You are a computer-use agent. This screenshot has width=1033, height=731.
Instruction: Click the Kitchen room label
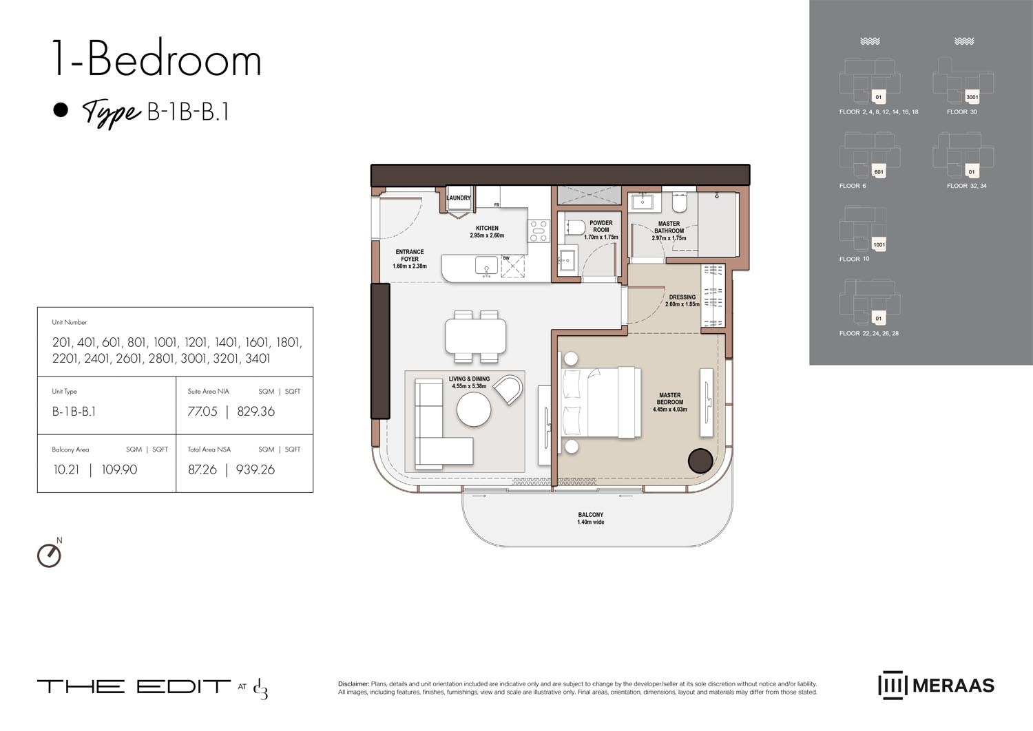click(487, 231)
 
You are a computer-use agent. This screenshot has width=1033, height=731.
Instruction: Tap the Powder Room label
click(601, 230)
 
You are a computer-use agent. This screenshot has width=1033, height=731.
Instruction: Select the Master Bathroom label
click(669, 231)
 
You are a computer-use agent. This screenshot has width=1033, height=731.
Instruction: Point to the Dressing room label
click(682, 301)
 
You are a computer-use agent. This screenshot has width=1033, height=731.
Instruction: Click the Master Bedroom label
click(669, 402)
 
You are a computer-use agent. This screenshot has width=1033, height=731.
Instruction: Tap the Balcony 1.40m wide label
click(590, 518)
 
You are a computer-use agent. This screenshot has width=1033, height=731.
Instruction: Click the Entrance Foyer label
click(410, 259)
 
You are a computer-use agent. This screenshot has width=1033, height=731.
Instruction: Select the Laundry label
click(459, 198)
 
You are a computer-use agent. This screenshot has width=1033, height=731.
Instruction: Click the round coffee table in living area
click(474, 410)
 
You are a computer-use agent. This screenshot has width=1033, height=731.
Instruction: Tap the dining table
click(476, 337)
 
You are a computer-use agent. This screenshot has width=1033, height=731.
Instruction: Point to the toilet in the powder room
click(574, 227)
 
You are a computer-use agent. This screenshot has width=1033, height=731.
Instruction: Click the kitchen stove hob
click(539, 231)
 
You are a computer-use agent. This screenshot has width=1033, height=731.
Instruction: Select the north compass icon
click(49, 554)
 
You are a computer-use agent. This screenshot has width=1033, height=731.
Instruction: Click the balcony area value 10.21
click(66, 469)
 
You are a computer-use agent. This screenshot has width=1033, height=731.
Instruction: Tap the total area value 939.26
click(255, 469)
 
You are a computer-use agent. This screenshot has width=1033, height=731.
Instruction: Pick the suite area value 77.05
click(202, 412)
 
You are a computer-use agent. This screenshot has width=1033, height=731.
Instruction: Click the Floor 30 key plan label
click(961, 112)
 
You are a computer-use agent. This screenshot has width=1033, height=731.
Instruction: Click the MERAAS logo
click(937, 686)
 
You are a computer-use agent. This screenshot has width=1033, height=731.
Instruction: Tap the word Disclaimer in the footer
click(353, 684)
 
